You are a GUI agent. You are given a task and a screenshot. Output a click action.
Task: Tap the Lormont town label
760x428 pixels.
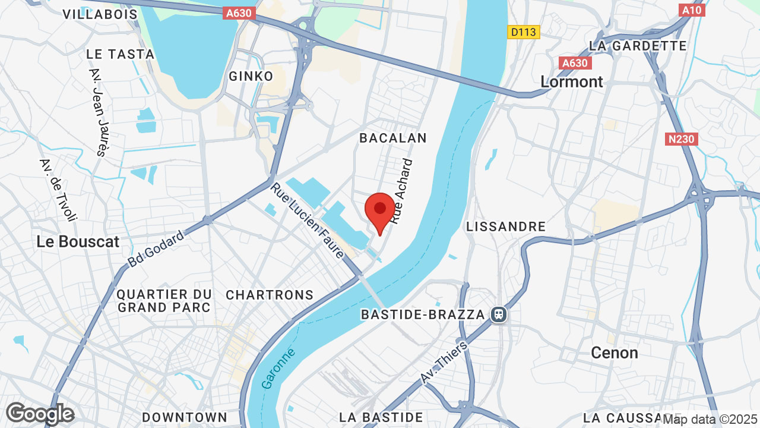click(572, 82)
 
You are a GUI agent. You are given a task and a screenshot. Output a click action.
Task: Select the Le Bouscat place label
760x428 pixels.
click(78, 242)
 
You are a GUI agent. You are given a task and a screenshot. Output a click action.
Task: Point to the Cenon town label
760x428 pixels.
click(615, 353)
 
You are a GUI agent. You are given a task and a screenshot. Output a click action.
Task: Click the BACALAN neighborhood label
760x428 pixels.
click(393, 138)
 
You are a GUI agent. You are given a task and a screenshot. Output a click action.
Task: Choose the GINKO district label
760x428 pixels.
click(251, 76)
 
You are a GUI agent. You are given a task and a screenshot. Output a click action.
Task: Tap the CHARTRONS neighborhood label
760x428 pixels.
click(270, 295)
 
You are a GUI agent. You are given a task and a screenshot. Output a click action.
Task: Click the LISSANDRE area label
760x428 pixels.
click(506, 226)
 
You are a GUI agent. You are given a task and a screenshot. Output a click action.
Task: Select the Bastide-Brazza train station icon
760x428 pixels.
click(499, 314)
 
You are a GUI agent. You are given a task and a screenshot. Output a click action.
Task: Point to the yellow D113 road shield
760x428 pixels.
click(524, 32)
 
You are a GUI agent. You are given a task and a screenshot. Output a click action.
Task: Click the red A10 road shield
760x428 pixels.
click(692, 10)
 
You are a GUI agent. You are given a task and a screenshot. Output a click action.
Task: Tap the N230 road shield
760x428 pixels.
click(681, 139)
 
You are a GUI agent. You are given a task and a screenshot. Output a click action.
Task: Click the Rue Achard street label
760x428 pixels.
click(401, 191)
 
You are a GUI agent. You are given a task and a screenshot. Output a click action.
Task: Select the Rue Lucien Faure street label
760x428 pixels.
click(308, 221)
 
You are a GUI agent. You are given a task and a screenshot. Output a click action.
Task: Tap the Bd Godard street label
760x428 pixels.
click(156, 248)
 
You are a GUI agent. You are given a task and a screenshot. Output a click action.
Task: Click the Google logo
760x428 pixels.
click(40, 414)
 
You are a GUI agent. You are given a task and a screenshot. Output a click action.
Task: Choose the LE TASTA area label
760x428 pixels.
click(120, 54)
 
